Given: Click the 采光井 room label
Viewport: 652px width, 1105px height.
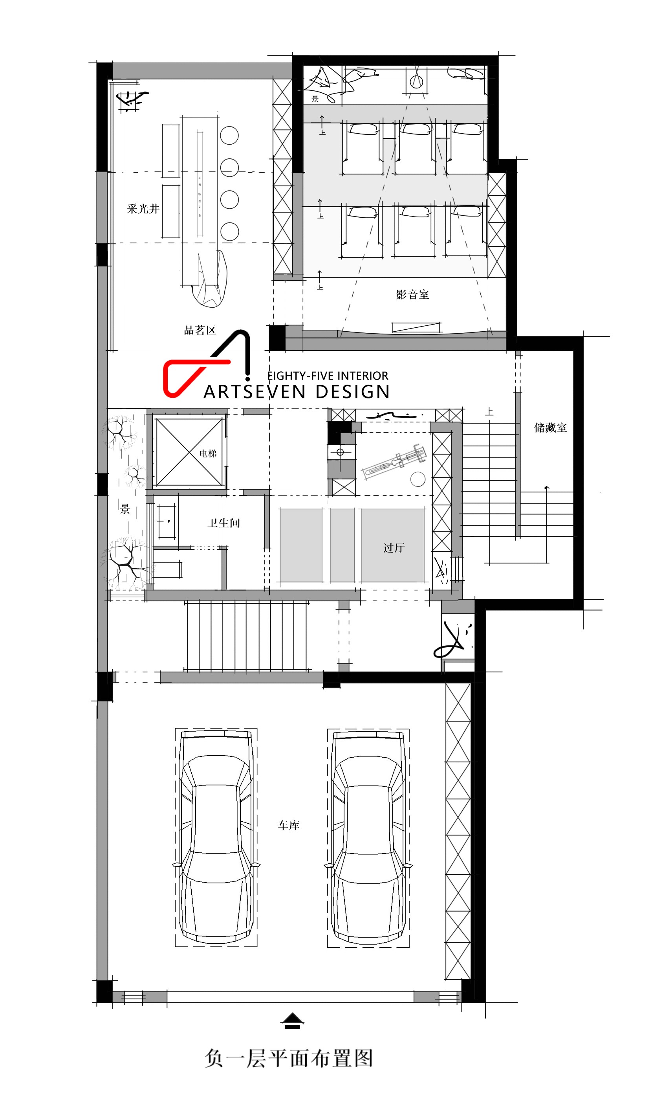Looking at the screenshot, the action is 143,209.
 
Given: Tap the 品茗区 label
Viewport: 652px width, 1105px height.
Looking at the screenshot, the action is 200,330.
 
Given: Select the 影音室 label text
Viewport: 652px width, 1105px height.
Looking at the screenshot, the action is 412,294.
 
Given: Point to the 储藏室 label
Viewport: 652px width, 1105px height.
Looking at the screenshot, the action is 550,428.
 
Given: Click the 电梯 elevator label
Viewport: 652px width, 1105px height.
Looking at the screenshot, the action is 208,453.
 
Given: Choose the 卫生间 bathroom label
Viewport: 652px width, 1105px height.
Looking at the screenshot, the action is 223,523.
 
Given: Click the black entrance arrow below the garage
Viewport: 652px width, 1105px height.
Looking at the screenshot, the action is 292,1021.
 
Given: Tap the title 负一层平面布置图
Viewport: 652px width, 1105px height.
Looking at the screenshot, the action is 289,1058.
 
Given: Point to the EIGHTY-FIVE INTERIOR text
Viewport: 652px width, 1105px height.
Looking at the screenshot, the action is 328,376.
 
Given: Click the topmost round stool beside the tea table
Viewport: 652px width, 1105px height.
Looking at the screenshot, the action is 229,136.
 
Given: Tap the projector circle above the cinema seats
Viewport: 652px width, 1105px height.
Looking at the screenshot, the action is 416,81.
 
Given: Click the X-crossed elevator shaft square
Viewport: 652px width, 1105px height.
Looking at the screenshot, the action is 189,452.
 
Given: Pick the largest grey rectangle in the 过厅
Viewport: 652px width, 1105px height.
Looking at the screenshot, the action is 393,545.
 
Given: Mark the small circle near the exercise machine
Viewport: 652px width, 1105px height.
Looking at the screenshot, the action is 418,479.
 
